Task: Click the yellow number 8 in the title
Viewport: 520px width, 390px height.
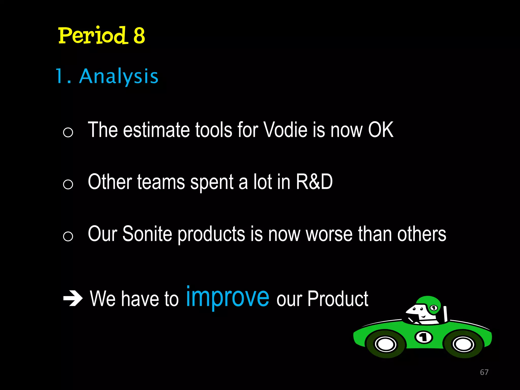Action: (x=139, y=36)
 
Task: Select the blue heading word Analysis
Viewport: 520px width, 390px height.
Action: (x=119, y=76)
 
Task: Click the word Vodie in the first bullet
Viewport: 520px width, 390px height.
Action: (x=286, y=130)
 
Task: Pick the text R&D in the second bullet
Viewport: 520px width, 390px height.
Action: (x=314, y=182)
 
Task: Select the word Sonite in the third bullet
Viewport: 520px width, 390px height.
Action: (x=147, y=234)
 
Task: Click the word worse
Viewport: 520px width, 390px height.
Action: (x=329, y=234)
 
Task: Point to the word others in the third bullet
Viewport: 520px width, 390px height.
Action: (x=421, y=234)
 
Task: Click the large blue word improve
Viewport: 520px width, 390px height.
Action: (x=227, y=297)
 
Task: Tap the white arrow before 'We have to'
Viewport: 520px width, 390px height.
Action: (x=73, y=299)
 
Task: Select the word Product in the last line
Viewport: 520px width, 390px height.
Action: (x=338, y=299)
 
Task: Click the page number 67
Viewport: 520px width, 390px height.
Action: (x=484, y=372)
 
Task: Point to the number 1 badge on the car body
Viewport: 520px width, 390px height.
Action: (x=423, y=337)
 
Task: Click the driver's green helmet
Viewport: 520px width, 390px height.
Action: (x=429, y=303)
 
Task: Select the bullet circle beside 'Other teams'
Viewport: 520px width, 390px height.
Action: (x=68, y=184)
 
